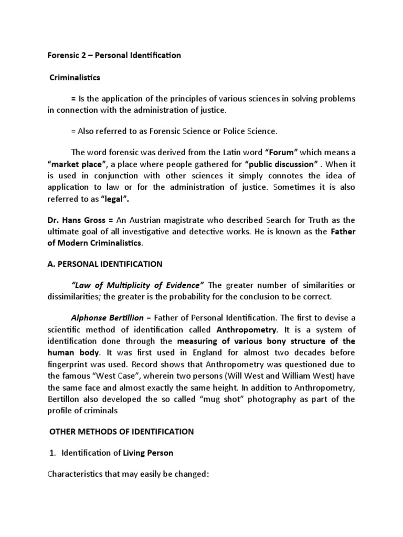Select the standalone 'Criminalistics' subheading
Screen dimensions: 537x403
pos(75,78)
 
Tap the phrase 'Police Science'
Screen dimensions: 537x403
pos(249,131)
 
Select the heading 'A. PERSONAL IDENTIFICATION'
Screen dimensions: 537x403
pos(105,264)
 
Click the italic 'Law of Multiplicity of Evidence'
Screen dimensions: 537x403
pos(137,285)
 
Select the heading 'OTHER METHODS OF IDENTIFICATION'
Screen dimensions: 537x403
pos(121,432)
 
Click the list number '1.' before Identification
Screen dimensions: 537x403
pos(52,453)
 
